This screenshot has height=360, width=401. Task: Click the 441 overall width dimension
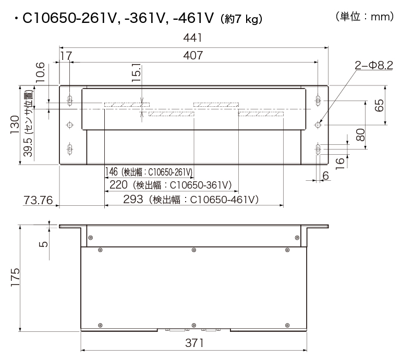[193, 39]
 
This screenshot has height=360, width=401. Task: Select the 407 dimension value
[193, 55]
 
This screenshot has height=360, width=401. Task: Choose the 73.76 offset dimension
[38, 200]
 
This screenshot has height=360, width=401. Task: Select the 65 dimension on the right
[380, 105]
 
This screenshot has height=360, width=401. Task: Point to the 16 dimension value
[341, 162]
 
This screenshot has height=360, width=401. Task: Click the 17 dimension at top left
[66, 55]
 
